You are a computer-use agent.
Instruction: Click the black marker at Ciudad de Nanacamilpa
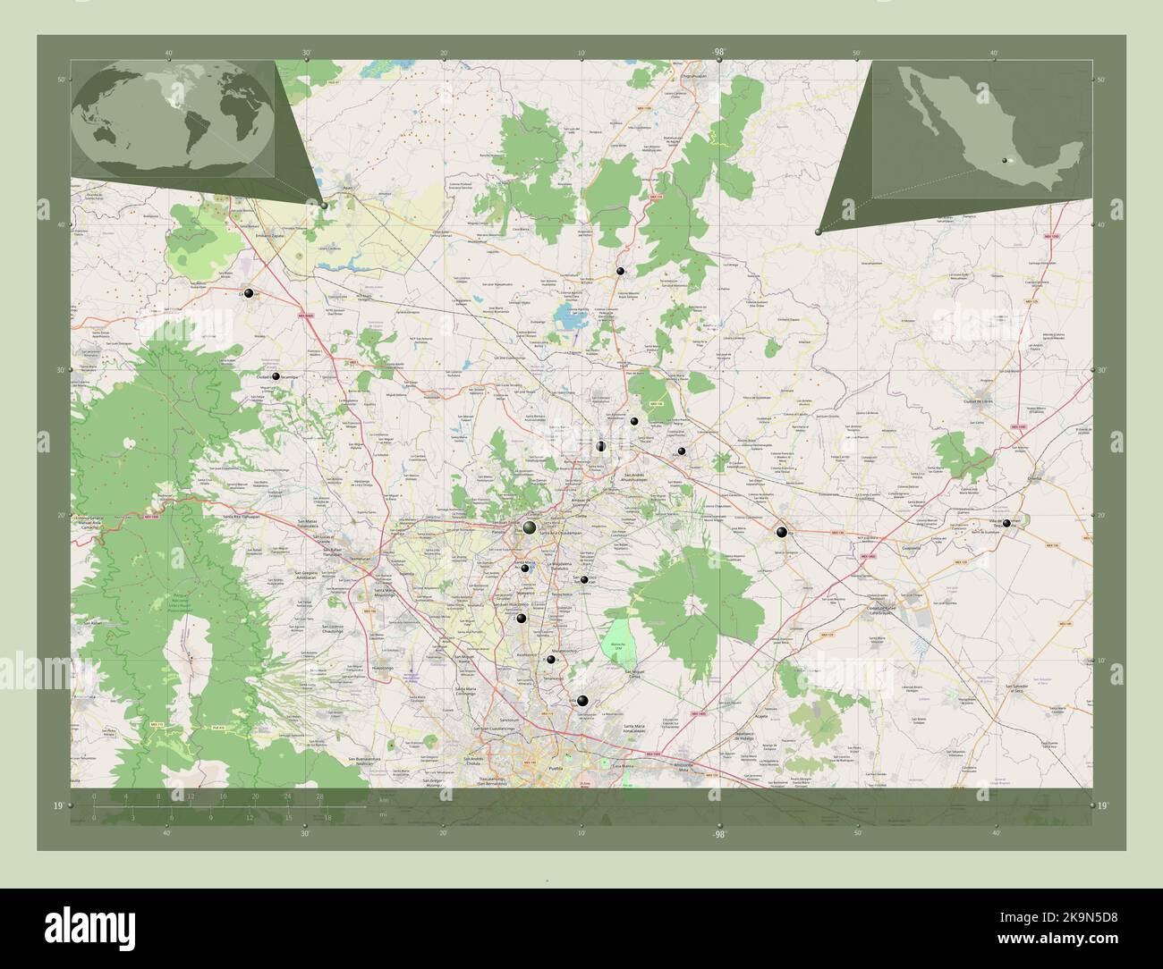276,377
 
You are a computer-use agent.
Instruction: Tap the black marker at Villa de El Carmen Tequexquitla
1007,523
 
